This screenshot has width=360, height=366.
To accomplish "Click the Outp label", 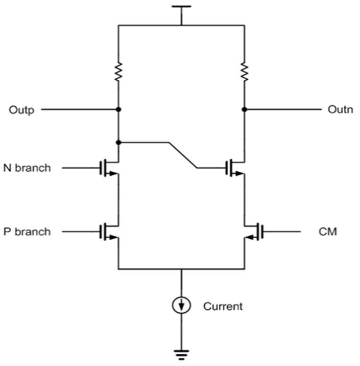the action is tap(21, 110).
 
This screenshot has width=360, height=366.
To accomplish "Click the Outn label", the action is tap(340, 109).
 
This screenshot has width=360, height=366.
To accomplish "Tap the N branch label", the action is tap(27, 168).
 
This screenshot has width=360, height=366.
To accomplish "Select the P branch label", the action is tap(27, 232).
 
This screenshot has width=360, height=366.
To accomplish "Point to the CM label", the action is tap(328, 232).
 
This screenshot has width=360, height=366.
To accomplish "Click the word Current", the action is tap(223, 306).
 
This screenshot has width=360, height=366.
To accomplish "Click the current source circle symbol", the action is tap(181, 305).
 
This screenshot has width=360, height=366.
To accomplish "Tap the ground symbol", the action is tap(181, 354).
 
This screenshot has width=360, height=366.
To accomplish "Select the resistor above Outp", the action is tap(118, 72).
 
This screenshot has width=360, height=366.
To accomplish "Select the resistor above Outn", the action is tap(245, 72).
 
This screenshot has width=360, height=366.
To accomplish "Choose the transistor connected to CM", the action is tap(254, 232).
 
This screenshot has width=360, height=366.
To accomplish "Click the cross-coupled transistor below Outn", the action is tap(235, 168).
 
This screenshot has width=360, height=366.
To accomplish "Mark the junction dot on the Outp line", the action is tap(118, 109).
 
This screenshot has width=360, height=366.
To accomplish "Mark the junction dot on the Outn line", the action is tap(245, 109).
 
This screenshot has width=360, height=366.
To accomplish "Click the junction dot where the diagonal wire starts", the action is tap(118, 142).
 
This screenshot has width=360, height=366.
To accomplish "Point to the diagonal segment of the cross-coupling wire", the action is tap(183, 155).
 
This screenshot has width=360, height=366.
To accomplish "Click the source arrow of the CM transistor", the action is tap(250, 238).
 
